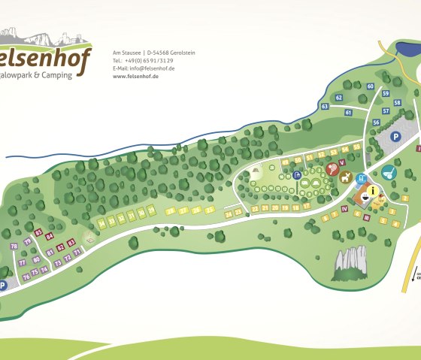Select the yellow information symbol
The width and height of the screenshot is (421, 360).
point(371,192)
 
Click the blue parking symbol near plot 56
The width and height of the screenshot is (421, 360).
point(395,137)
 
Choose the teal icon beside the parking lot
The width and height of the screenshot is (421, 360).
point(388,173)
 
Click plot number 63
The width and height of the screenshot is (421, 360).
point(325,107)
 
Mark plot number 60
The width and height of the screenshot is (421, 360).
point(371,86)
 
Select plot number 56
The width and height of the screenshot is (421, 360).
point(376,122)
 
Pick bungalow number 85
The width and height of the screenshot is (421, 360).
point(38,232)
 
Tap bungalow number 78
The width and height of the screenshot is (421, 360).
point(14,247)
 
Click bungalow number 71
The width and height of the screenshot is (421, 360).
point(76,253)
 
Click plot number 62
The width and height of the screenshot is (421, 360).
point(339,98)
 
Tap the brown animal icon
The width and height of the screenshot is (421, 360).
point(345,177)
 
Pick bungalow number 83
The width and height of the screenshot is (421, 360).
point(71,242)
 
